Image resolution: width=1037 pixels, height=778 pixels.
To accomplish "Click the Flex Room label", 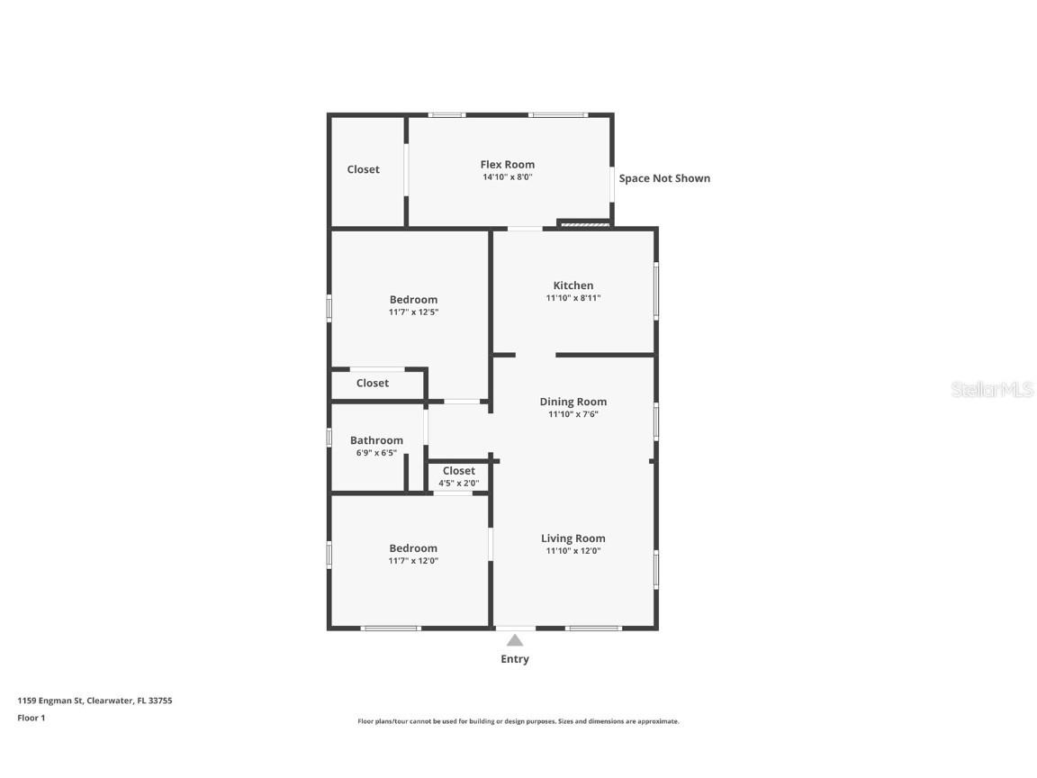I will click(507, 165).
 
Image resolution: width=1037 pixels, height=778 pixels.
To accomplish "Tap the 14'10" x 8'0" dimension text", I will click(507, 177).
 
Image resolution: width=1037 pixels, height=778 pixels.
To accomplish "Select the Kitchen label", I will click(573, 285).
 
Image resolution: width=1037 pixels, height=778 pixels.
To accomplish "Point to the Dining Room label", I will click(573, 402).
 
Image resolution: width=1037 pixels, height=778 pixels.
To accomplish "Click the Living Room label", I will click(573, 538).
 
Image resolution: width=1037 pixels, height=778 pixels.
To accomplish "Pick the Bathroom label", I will click(376, 440).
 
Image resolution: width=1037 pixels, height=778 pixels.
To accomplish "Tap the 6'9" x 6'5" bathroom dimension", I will click(376, 453).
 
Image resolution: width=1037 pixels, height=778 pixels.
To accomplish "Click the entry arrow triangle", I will click(515, 640).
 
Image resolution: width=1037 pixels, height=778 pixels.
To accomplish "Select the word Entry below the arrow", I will click(515, 659).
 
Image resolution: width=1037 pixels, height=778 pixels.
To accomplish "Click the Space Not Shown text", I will click(664, 178).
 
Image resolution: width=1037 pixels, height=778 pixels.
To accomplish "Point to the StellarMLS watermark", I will click(992, 389).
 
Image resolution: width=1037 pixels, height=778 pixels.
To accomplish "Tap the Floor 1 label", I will click(31, 718).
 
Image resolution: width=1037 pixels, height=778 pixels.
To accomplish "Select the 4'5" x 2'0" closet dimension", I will click(458, 484).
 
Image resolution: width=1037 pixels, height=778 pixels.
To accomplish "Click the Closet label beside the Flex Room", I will click(364, 169).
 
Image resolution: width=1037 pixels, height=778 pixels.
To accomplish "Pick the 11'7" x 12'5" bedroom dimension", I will click(413, 312).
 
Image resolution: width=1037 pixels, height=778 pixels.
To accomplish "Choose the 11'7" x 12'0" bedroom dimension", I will click(413, 561).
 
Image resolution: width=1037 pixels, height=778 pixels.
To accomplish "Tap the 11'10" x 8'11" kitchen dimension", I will click(573, 298).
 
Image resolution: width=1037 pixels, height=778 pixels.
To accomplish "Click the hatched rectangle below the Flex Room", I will click(585, 224).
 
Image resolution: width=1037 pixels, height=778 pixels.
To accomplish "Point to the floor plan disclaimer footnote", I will click(518, 721).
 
